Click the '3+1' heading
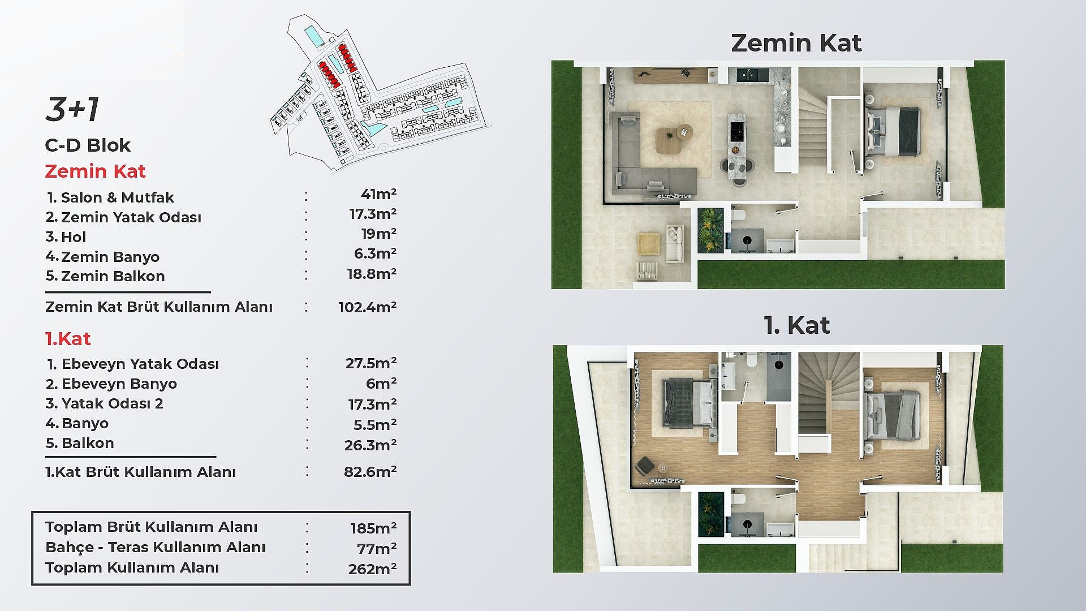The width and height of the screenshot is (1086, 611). point(72,109)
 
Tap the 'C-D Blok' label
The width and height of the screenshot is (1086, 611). point(88,145)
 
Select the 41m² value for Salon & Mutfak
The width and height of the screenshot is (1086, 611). point(378,194)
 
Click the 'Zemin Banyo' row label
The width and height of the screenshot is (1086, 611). point(102,257)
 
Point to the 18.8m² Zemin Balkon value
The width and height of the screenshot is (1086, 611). point(372,274)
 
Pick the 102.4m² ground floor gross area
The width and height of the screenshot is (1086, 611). point(368,307)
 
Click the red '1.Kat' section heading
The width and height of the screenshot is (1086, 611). point(68,339)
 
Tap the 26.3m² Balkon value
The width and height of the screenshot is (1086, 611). point(370,445)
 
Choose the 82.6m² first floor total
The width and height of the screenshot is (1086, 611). point(370,472)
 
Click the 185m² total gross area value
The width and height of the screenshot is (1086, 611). point(373,528)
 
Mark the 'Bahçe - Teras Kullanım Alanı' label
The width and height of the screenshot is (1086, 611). point(156,547)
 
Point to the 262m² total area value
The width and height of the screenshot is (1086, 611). point(372,569)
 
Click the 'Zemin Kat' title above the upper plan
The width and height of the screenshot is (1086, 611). point(796,43)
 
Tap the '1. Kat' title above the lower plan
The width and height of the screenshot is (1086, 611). point(796,325)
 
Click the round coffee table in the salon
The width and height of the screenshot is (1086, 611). point(684,131)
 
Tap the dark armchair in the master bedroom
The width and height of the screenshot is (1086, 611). point(645,466)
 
